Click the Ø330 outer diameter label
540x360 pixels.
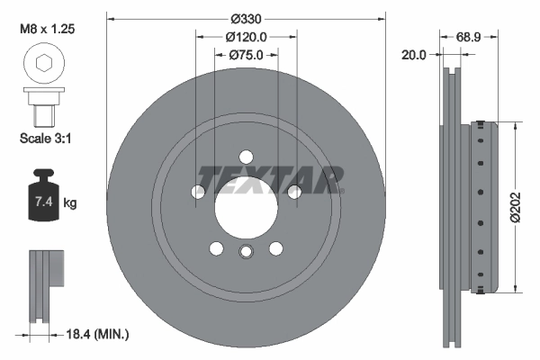point(246,20)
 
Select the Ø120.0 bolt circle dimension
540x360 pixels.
point(246,37)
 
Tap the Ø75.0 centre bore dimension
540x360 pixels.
point(246,55)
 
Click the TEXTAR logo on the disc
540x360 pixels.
point(271,179)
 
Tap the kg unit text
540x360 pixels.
point(70,203)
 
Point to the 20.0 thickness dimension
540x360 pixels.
point(416,55)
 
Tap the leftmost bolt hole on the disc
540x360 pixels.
point(198,191)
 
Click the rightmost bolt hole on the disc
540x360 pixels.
point(293,191)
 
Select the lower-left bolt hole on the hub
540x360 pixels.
point(216,248)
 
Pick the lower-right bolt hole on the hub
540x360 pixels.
point(275,248)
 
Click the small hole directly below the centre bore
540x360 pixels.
point(246,253)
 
